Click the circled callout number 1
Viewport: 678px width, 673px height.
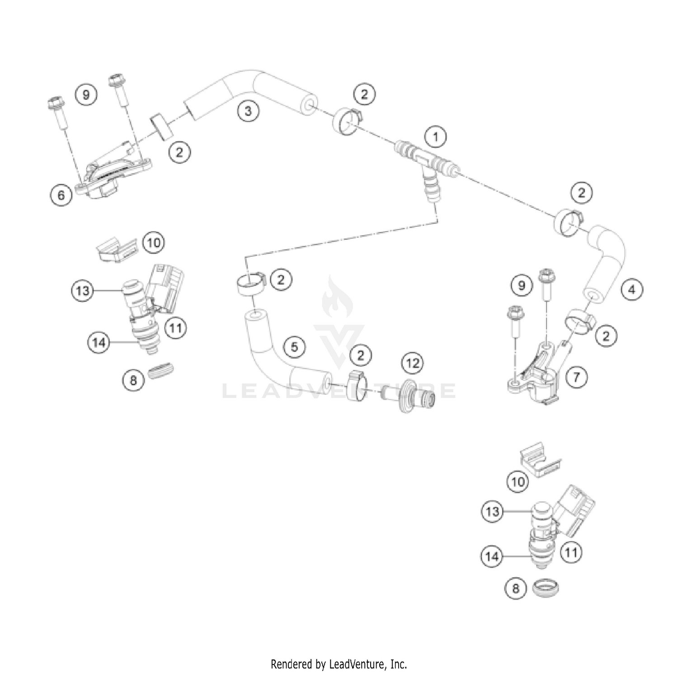[x=436, y=136]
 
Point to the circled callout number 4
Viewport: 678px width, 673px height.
[x=632, y=289]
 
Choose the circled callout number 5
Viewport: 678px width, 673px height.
[x=295, y=347]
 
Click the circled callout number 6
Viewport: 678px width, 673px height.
[x=61, y=196]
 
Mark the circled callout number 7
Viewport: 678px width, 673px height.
[x=576, y=376]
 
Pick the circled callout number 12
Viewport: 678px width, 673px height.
[x=413, y=363]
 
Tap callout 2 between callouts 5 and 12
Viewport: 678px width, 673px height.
[x=360, y=355]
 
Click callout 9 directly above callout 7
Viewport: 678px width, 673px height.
[x=522, y=285]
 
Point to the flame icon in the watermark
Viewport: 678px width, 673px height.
[x=337, y=300]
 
